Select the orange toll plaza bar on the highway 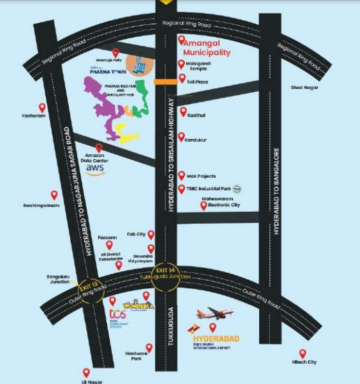165,82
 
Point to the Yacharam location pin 42,108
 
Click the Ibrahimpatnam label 41,206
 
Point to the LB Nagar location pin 86,373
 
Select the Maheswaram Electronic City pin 204,205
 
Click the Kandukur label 197,140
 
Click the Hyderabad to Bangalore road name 277,191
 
